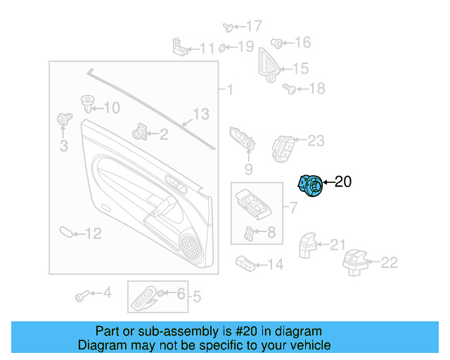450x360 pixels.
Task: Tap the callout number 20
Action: [x=342, y=182]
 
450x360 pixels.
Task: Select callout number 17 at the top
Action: [x=253, y=26]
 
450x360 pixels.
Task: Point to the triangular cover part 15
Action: [x=269, y=64]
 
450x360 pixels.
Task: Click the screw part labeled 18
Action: [x=288, y=89]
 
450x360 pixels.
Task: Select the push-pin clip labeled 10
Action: [x=88, y=105]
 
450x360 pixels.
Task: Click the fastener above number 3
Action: [x=64, y=119]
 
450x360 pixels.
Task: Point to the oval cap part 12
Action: [x=64, y=232]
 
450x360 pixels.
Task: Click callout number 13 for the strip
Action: [x=201, y=114]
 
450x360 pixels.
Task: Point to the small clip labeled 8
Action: [x=250, y=233]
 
